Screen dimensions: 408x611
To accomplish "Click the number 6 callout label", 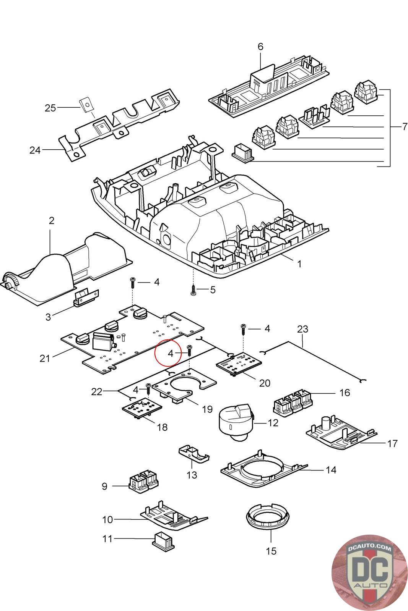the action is coord(260,47).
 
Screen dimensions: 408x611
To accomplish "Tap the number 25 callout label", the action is coord(50,108).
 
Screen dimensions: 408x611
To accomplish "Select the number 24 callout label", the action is coord(35,150).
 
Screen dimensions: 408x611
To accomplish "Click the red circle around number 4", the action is coord(168,352).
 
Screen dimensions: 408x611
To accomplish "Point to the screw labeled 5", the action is coord(193,289).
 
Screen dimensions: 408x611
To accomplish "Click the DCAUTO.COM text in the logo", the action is coord(369,548).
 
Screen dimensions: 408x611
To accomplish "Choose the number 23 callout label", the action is coord(302,329).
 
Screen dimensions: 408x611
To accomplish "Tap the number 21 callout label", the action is coord(45,358).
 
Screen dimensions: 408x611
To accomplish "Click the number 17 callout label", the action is coord(392,443).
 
